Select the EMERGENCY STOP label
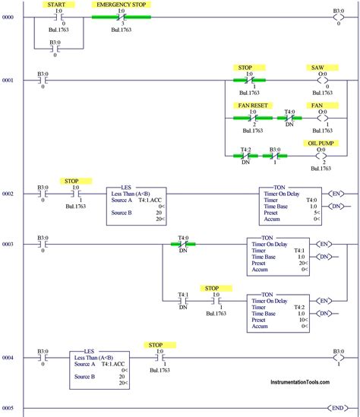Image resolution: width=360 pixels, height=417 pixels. click(119, 5)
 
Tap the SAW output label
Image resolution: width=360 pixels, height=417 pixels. click(317, 68)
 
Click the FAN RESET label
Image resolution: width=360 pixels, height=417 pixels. click(253, 105)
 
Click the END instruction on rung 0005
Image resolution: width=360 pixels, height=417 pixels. click(334, 409)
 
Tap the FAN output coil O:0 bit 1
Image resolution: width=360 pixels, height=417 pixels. click(322, 118)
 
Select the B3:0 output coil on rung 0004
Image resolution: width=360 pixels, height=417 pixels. click(339, 356)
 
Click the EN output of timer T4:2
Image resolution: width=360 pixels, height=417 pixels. click(324, 302)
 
